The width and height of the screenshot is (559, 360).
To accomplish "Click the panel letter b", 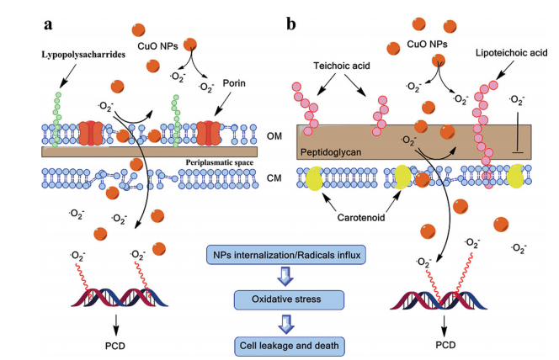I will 291,22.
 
